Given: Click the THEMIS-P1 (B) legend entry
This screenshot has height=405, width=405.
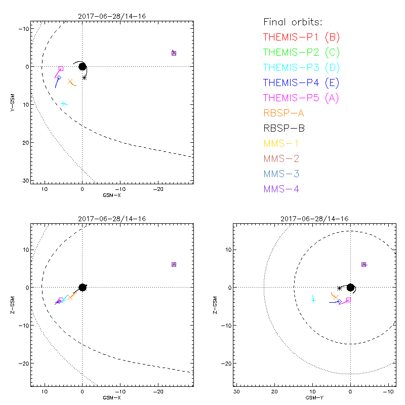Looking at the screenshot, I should [x=301, y=37].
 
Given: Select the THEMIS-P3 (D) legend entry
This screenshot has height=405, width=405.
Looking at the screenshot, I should [x=301, y=67].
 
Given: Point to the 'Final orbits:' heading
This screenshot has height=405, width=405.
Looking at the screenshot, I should [x=293, y=22].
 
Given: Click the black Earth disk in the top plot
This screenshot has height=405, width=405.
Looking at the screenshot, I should [x=82, y=66].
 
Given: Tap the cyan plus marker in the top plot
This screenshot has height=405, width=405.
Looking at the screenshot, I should [x=63, y=103].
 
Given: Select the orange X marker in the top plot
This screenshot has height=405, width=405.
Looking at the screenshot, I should [x=70, y=82].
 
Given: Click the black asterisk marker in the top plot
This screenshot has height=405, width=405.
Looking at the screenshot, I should [x=85, y=77].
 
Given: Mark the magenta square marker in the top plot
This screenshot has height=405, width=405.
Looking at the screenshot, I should [x=61, y=69].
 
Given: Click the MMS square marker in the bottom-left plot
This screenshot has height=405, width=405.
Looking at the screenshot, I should [x=174, y=264].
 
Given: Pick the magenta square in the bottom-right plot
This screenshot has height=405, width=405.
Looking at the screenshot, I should [x=348, y=300].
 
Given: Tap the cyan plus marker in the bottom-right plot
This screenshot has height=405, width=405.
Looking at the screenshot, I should [x=313, y=299].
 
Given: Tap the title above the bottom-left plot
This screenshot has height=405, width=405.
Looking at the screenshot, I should [x=112, y=219].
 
